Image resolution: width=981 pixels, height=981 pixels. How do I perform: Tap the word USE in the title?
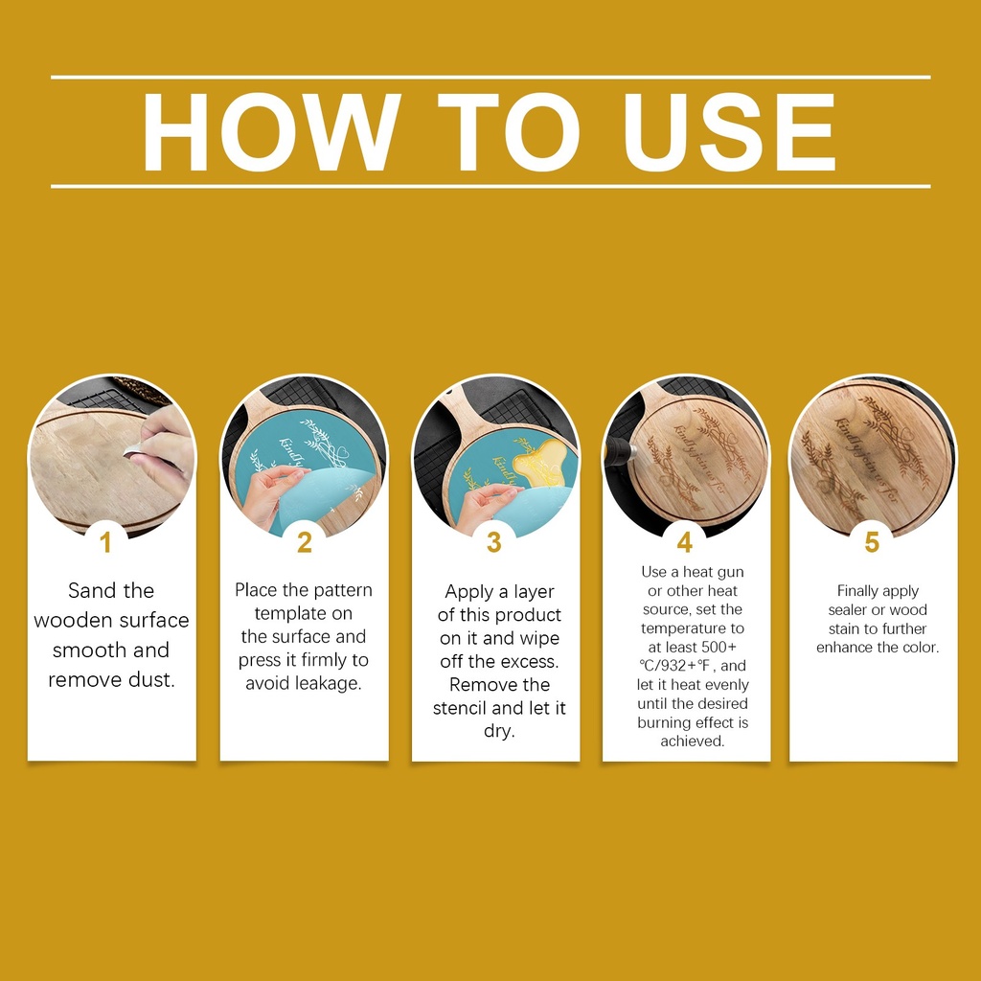[730, 132]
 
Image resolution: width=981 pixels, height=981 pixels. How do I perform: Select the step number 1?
[105, 542]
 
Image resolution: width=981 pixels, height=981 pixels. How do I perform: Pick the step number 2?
[305, 542]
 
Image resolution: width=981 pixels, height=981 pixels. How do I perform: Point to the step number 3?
[494, 542]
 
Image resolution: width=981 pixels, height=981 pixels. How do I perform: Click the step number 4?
[685, 542]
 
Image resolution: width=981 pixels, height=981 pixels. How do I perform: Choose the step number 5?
[872, 542]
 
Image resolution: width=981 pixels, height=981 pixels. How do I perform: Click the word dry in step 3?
[499, 731]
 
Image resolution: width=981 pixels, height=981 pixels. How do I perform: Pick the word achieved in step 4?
[693, 741]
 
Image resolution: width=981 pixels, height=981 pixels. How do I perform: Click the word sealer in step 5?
[848, 610]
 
